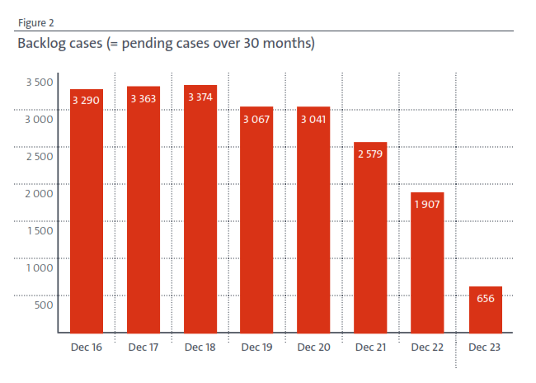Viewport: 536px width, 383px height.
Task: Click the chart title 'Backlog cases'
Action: pyautogui.click(x=166, y=44)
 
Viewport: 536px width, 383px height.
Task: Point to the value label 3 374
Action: pyautogui.click(x=200, y=97)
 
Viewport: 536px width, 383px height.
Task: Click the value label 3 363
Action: pyautogui.click(x=143, y=99)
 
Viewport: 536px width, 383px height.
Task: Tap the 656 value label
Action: pyautogui.click(x=485, y=299)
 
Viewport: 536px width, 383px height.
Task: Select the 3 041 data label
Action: pyautogui.click(x=313, y=120)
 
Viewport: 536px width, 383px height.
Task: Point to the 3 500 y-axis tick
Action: pyautogui.click(x=40, y=82)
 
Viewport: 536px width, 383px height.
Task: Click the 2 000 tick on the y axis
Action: pyautogui.click(x=40, y=193)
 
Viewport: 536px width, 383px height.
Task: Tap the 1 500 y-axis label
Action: pyautogui.click(x=40, y=230)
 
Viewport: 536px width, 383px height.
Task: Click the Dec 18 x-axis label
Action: pyautogui.click(x=200, y=348)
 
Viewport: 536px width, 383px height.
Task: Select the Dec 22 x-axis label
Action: pyautogui.click(x=427, y=348)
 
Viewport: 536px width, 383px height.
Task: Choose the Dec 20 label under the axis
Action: pyautogui.click(x=313, y=348)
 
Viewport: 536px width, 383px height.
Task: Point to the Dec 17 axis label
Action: pyautogui.click(x=143, y=348)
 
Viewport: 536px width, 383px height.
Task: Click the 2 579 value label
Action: pyautogui.click(x=370, y=154)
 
